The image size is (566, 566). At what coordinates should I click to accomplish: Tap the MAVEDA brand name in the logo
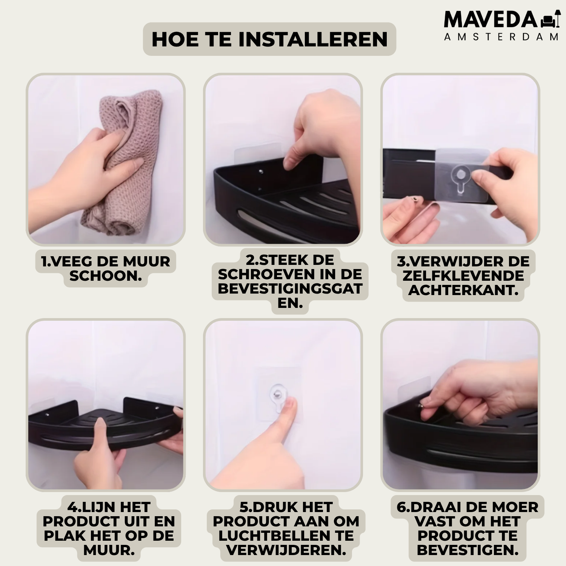491,20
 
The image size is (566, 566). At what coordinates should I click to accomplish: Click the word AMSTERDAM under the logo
501,37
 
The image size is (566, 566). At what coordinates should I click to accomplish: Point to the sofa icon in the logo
550,20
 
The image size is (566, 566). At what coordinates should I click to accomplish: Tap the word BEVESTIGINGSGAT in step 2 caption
290,289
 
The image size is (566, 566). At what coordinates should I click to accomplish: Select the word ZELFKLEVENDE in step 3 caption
463,276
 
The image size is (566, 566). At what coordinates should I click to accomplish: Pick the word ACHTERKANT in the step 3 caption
461,290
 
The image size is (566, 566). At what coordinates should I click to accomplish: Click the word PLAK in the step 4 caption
62,536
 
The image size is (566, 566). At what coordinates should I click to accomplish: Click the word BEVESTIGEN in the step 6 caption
468,550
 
